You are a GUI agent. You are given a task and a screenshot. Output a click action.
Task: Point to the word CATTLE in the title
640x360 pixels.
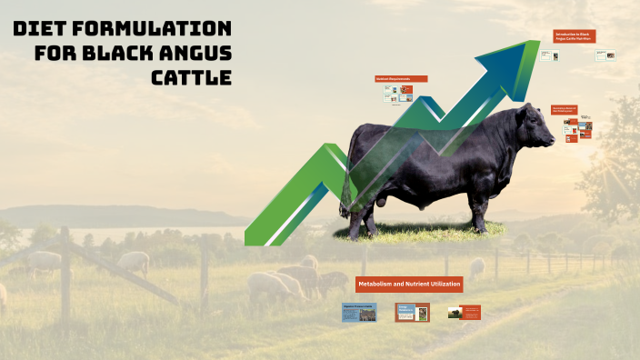tap(191, 76)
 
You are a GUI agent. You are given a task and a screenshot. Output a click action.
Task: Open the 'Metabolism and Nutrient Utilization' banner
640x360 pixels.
tap(409, 285)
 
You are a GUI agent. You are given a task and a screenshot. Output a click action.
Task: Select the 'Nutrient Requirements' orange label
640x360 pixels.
tap(394, 79)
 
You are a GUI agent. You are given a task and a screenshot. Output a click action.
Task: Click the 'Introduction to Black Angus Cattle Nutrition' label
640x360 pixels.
tap(575, 36)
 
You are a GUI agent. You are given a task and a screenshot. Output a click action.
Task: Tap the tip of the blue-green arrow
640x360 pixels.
tap(536, 44)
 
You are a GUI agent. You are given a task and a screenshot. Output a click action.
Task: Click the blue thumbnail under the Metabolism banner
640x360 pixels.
tap(358, 313)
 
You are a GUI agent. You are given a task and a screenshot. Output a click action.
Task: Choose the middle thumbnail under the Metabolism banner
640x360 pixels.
tap(411, 313)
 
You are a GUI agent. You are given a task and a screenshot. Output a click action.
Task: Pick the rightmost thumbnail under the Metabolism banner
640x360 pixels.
tap(464, 313)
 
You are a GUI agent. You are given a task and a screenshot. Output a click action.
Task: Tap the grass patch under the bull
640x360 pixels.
tap(418, 234)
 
